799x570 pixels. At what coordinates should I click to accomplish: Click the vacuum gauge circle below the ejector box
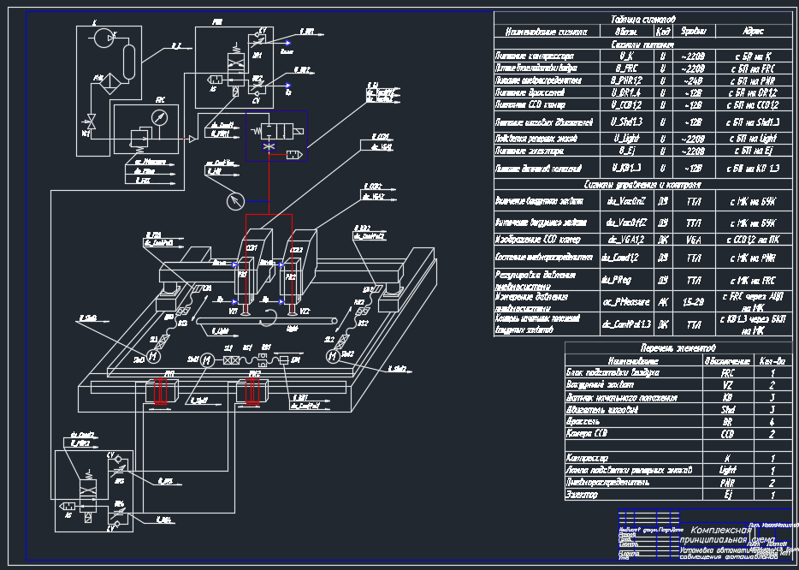[234, 202]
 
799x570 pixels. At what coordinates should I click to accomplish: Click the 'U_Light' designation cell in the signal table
[626, 137]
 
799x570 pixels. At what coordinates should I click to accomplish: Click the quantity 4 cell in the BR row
[773, 422]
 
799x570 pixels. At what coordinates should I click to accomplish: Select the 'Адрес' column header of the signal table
[749, 32]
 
